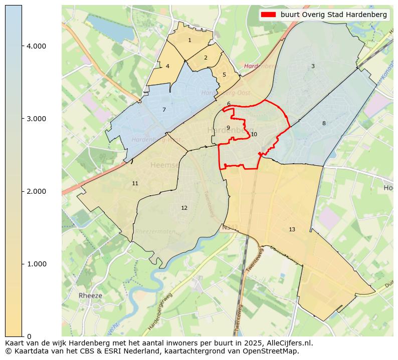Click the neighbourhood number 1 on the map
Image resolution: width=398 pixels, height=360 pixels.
tap(189, 41)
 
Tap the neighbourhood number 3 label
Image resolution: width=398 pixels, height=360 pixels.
tap(313, 66)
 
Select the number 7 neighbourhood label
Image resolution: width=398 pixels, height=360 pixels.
tap(164, 110)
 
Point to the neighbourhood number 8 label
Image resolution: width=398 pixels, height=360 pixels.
tap(324, 123)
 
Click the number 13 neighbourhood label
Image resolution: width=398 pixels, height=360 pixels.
tap(292, 229)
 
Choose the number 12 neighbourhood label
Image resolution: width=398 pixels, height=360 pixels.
tap(184, 208)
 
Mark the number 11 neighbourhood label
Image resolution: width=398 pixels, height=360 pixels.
tap(135, 183)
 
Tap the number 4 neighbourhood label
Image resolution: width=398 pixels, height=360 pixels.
tap(167, 66)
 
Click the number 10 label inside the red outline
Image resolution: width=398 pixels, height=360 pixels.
tap(254, 134)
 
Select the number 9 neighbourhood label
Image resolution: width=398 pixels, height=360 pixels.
tap(228, 128)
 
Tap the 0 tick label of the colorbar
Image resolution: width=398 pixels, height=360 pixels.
tap(29, 336)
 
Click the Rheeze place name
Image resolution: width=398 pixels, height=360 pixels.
tap(90, 295)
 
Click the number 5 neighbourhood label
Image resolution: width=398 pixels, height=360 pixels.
tap(224, 75)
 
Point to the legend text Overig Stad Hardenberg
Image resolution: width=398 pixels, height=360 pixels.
tap(334, 15)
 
